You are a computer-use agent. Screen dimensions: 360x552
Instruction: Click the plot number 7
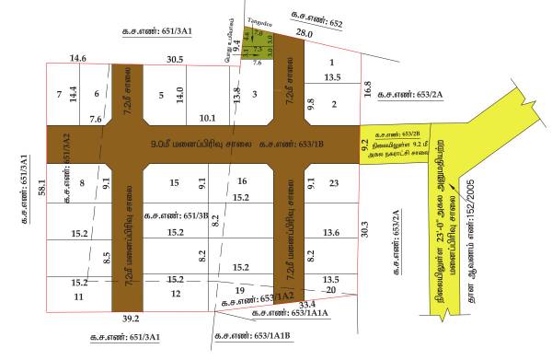coord(58,94)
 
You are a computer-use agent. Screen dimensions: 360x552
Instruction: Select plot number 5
coord(160,94)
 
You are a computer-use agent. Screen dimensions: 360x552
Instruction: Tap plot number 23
coord(334,182)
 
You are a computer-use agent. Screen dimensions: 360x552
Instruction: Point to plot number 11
coord(78,297)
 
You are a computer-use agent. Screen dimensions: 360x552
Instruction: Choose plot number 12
coord(176,294)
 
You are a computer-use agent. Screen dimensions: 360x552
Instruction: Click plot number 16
coord(242,180)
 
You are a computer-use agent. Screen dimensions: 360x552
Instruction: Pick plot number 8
coord(82,183)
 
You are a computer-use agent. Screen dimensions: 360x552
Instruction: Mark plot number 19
coord(240,290)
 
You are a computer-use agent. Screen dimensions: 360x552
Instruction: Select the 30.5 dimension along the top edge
coord(175,59)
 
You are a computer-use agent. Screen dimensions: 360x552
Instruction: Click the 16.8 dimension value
coord(369,90)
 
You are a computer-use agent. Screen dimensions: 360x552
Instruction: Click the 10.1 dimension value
coord(207,118)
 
